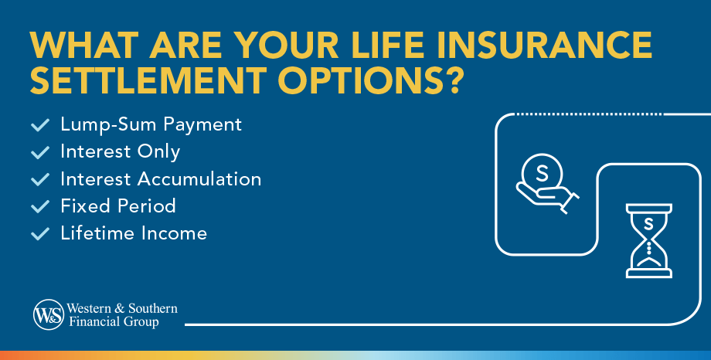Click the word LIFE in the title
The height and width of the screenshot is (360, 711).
[384, 46]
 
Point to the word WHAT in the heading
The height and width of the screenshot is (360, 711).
[84, 46]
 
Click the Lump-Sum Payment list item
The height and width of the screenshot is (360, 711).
[151, 124]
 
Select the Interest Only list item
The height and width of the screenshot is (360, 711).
[120, 152]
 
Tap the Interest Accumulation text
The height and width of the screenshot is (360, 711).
[161, 179]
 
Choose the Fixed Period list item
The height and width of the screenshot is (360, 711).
[118, 206]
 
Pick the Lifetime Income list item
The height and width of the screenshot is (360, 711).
[134, 233]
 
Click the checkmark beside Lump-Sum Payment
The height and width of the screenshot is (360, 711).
[39, 125]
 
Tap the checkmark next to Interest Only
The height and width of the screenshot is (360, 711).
[39, 152]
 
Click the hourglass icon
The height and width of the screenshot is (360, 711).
[648, 240]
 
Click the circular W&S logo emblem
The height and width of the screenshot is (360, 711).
[48, 314]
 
